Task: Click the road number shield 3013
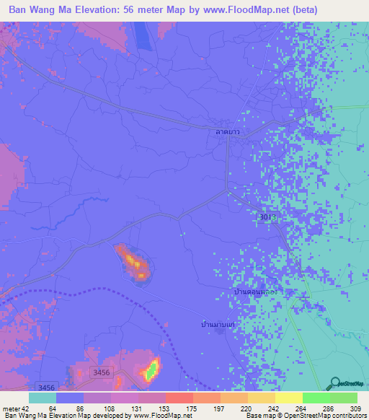266,216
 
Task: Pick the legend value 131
110,409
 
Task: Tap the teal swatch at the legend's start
42,398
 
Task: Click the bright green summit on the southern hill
151,371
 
